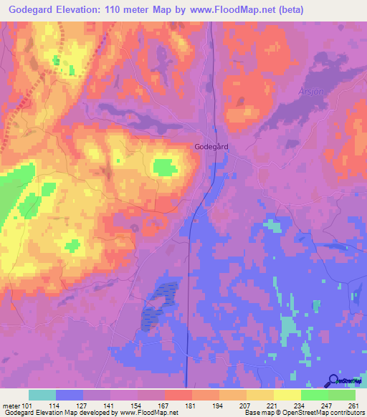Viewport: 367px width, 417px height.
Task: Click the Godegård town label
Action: tap(211, 146)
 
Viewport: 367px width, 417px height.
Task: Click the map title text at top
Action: tap(152, 10)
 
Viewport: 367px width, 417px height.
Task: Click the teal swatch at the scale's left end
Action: tap(42, 395)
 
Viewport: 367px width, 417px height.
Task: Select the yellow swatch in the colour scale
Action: tap(287, 395)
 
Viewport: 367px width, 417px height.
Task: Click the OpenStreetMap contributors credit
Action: tap(304, 413)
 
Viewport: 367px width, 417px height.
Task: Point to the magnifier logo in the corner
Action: tap(333, 380)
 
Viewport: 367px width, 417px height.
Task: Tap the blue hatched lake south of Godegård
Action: tap(160, 305)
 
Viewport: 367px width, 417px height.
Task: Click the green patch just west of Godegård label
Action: tap(166, 168)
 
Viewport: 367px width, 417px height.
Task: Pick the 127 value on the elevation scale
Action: tap(82, 405)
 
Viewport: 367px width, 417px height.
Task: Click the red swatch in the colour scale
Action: tap(178, 395)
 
